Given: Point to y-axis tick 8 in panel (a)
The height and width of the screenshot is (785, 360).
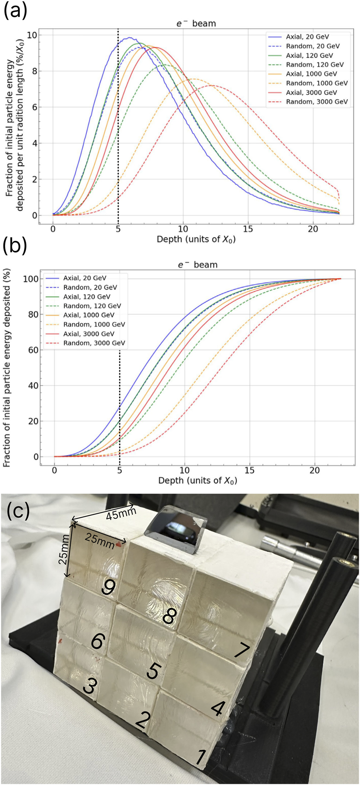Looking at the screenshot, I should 34,71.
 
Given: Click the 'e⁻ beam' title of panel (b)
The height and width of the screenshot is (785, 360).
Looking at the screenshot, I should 197,265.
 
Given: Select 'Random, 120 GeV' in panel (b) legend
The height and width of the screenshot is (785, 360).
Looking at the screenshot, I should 92,306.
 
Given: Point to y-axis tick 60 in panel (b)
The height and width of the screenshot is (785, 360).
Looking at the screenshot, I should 34,350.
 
